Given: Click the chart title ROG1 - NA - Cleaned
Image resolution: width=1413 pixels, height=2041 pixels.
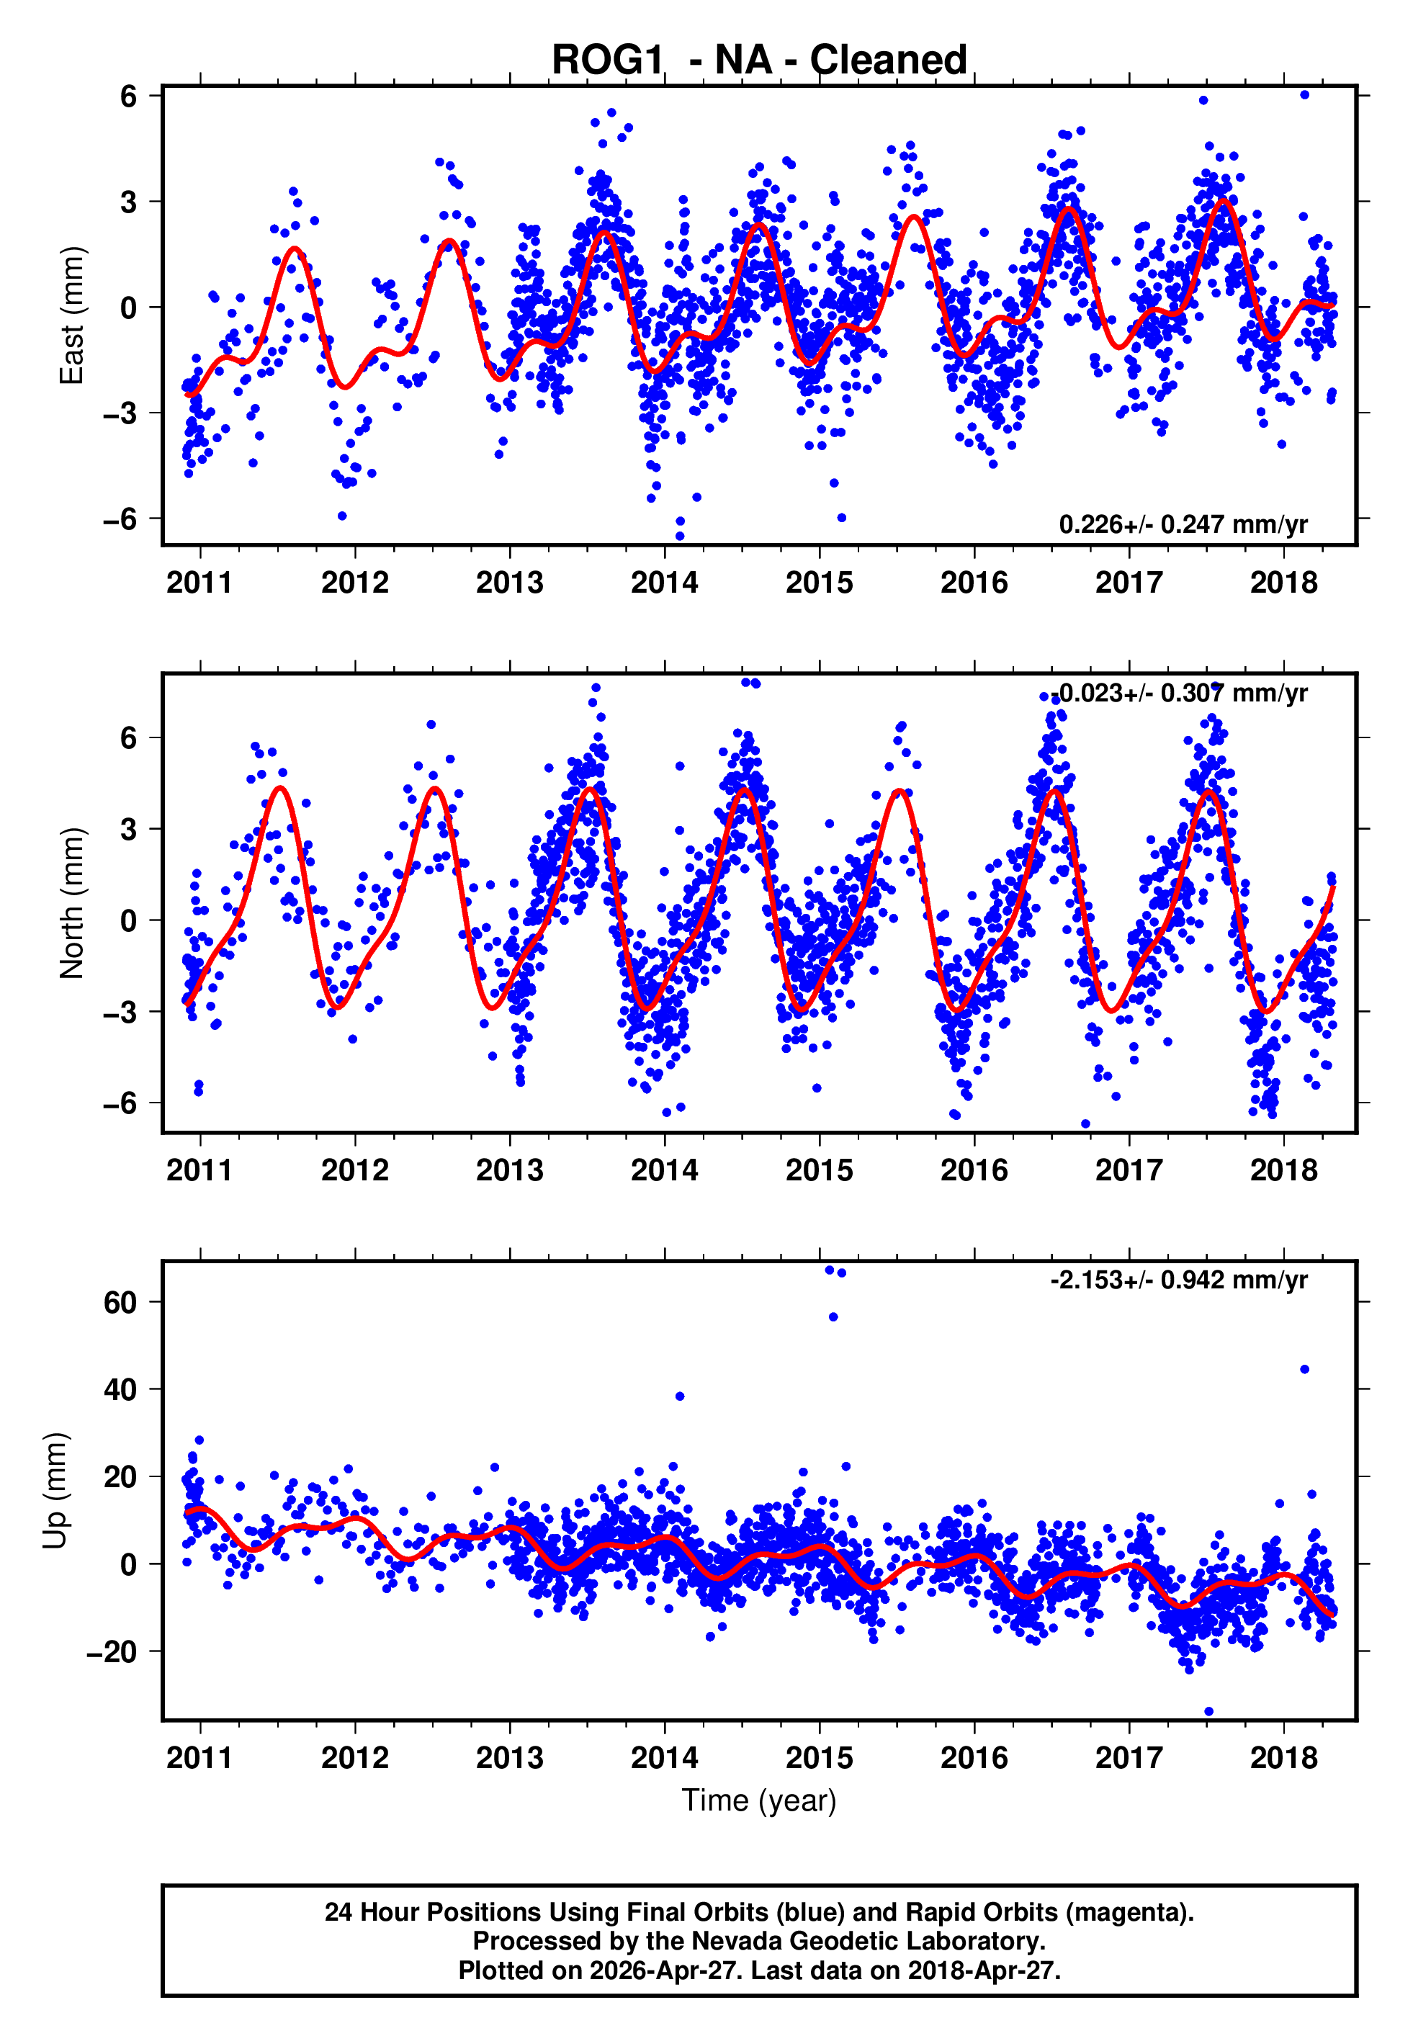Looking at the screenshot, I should [759, 60].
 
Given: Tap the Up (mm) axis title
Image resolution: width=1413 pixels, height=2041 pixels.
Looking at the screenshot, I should [55, 1489].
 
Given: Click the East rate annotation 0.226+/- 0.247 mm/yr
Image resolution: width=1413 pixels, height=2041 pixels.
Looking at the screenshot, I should [1182, 524].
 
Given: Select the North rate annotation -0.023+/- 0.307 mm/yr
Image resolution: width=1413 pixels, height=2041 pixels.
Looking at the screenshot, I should [1182, 692].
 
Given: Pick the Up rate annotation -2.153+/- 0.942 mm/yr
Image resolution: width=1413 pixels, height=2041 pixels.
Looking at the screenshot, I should [1178, 1280].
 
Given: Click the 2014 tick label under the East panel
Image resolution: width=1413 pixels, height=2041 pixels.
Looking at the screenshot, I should [664, 583].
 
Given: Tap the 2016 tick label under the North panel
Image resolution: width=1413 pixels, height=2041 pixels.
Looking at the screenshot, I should [974, 1170].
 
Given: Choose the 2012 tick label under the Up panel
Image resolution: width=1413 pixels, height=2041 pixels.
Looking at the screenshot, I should [354, 1757].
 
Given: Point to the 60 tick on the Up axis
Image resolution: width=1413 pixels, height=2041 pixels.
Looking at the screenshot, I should [120, 1302].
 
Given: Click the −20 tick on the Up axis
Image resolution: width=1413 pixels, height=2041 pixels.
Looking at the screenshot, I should [112, 1651].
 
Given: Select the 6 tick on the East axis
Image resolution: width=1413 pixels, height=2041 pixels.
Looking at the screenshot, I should [128, 96].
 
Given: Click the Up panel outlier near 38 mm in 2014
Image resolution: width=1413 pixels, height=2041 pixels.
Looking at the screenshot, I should [680, 1396].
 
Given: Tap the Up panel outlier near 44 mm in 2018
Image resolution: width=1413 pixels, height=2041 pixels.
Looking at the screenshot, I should [1304, 1369].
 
